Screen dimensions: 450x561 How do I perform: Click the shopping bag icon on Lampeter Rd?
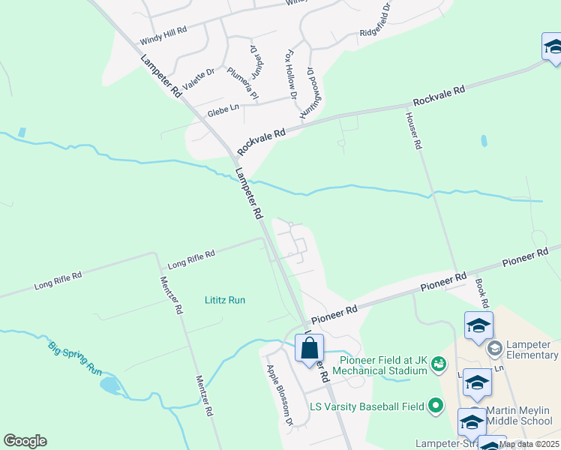[x=309, y=349]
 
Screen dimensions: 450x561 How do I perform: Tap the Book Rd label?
[x=481, y=294]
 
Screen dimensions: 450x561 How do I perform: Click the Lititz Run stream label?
[x=225, y=300]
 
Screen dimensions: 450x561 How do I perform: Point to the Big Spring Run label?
[x=74, y=358]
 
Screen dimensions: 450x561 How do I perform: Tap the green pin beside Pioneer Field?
[x=438, y=361]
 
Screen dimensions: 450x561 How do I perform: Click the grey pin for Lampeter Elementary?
[x=494, y=349]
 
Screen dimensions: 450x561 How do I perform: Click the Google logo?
[x=25, y=441]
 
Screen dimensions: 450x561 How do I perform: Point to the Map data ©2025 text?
[x=528, y=444]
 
